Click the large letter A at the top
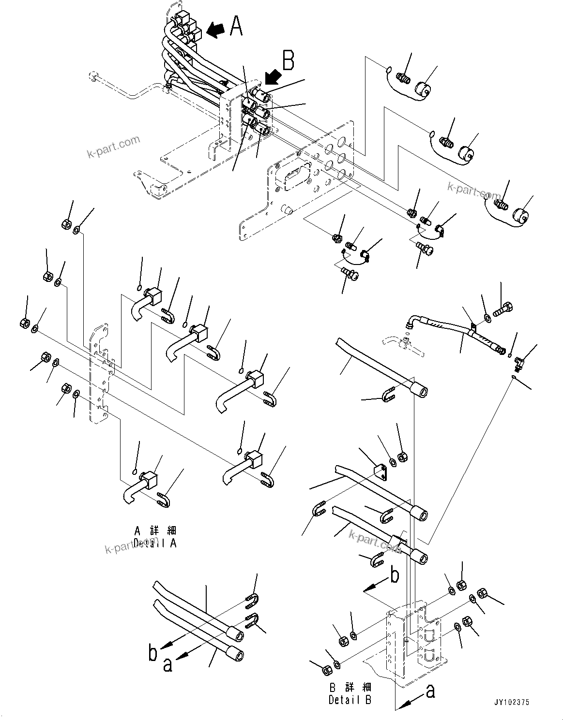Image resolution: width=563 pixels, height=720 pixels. click(x=236, y=26)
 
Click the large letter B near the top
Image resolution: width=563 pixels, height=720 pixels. click(x=288, y=61)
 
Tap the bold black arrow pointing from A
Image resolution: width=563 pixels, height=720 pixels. click(x=215, y=30)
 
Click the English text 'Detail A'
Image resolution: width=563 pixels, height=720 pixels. click(x=155, y=543)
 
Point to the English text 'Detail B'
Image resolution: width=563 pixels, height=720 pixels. click(x=350, y=699)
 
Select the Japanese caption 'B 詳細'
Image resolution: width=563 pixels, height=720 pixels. click(x=350, y=688)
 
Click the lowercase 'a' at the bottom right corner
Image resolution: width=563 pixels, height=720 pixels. click(x=430, y=692)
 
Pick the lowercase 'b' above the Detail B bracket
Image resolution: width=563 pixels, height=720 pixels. click(x=395, y=576)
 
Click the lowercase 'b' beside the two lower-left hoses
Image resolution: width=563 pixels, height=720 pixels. click(x=153, y=654)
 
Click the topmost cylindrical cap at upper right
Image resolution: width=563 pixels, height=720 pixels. click(x=424, y=90)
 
